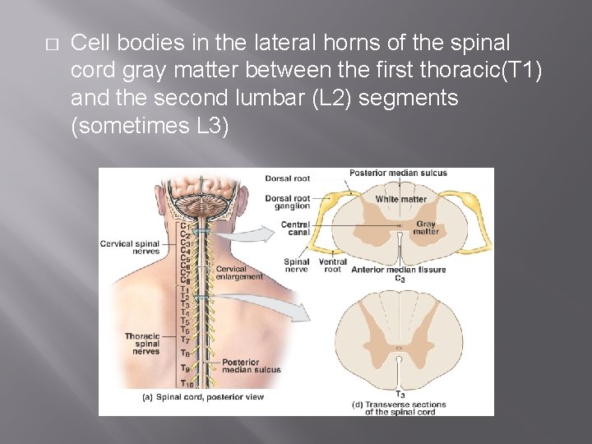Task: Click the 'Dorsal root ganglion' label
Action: coord(288,202)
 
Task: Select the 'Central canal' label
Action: coord(294,228)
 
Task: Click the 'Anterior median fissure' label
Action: coord(399,270)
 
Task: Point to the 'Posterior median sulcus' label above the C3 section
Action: coord(397,173)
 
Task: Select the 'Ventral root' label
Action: coord(332,266)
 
